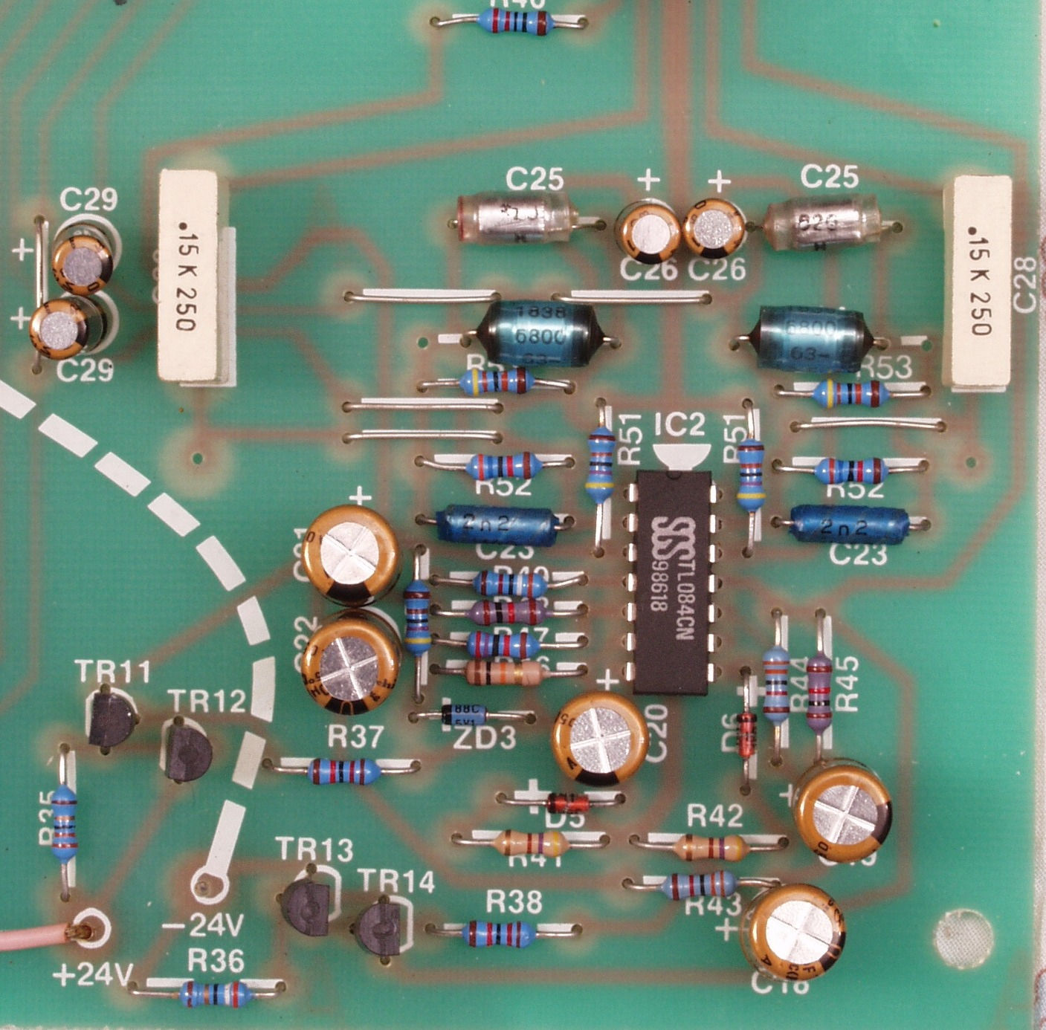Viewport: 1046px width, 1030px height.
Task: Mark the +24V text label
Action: pyautogui.click(x=93, y=974)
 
